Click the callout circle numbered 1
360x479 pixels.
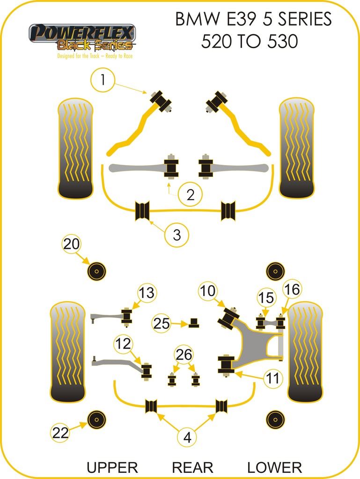[x=103, y=80]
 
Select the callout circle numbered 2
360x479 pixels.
[x=190, y=194]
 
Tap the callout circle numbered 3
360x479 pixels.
[x=176, y=235]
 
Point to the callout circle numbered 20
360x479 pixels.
[x=72, y=244]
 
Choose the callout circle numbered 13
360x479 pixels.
[x=147, y=293]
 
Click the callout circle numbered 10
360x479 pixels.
[x=208, y=291]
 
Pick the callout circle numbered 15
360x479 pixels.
[x=266, y=297]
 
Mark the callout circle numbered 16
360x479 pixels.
[x=292, y=290]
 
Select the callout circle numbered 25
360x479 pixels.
[x=162, y=323]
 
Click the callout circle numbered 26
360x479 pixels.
[x=184, y=355]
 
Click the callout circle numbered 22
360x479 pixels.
[x=60, y=433]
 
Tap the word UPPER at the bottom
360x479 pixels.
[x=112, y=467]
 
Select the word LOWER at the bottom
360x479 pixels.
[x=274, y=467]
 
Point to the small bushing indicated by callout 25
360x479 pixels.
[x=193, y=323]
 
